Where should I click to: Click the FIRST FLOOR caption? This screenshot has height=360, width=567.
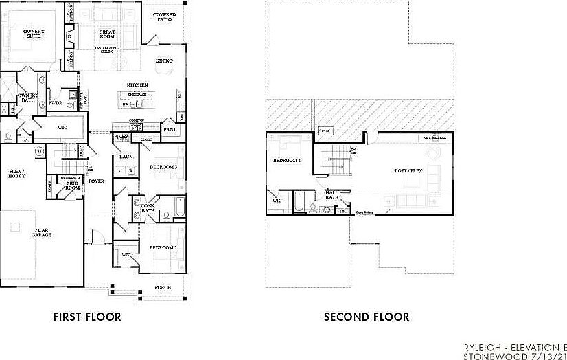87,317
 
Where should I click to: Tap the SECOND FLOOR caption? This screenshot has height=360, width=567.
367,317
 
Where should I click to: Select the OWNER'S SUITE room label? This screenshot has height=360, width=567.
34,34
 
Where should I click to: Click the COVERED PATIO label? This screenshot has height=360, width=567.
164,17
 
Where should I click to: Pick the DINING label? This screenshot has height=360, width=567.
164,61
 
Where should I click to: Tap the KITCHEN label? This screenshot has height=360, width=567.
137,85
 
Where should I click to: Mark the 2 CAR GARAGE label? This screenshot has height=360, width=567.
41,232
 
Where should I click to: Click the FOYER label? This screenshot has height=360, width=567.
96,182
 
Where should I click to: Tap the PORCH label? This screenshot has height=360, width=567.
163,287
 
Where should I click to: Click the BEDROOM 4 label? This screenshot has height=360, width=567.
286,161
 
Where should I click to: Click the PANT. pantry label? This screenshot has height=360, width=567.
170,129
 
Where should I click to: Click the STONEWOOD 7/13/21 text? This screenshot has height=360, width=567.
515,357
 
